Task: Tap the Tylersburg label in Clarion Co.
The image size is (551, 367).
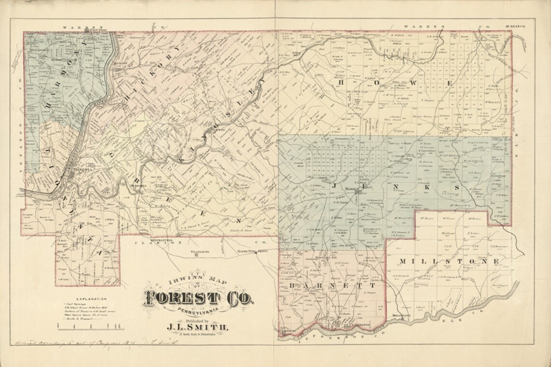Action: coord(202,252)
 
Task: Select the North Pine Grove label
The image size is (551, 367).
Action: coord(252,252)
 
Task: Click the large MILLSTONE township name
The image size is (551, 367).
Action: coord(448,261)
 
